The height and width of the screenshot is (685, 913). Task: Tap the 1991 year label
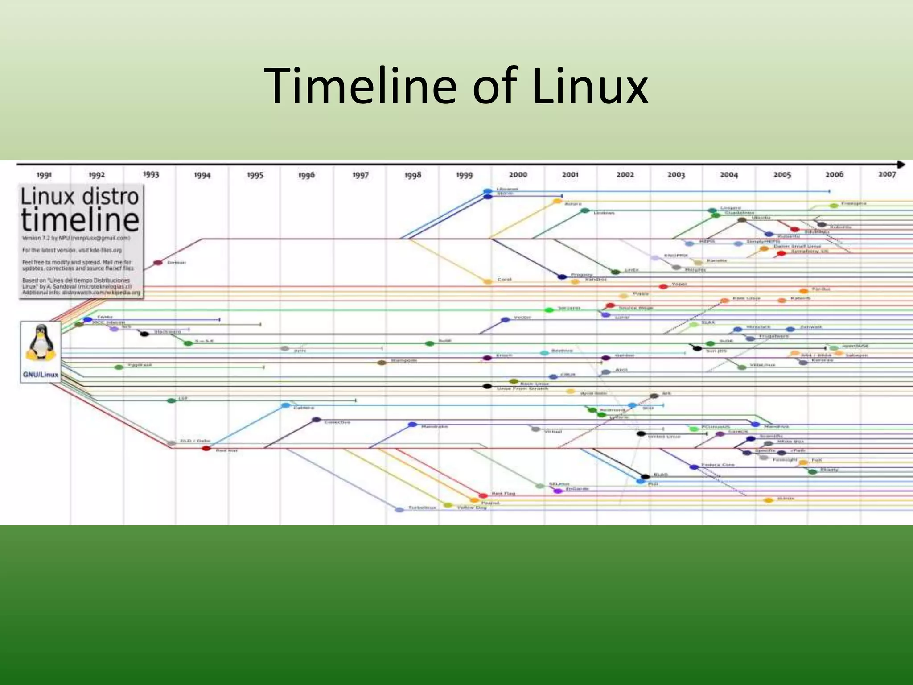(x=44, y=175)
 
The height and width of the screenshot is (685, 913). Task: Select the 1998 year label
(x=413, y=175)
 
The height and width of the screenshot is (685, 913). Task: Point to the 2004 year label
(x=729, y=175)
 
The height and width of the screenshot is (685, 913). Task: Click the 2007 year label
(x=887, y=174)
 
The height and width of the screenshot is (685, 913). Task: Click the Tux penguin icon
(x=41, y=342)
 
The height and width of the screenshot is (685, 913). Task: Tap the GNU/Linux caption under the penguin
(x=41, y=375)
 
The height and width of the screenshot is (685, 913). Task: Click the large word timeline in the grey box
(x=80, y=219)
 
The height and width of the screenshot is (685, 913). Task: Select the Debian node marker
(x=158, y=263)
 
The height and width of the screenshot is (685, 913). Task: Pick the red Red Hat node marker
(x=206, y=448)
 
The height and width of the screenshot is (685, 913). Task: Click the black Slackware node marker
(x=144, y=334)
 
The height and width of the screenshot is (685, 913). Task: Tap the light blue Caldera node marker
(x=286, y=405)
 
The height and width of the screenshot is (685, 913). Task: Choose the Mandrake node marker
(x=412, y=425)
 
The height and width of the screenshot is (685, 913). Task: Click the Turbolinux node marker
(x=399, y=509)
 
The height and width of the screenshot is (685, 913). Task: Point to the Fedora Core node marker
(x=694, y=467)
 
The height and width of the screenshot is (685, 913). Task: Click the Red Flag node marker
(x=483, y=495)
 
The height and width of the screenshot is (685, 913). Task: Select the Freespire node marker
(x=834, y=206)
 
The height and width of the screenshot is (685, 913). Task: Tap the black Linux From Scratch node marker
(x=487, y=386)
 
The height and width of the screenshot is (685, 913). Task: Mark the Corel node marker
(x=488, y=281)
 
